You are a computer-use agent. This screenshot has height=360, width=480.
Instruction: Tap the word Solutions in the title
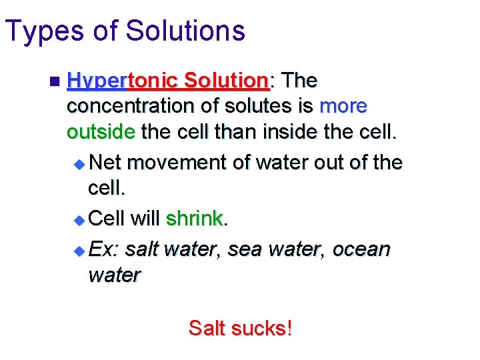[x=185, y=31]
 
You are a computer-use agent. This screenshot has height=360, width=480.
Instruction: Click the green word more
[x=343, y=106]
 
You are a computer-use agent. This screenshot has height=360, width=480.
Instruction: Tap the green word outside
[x=101, y=131]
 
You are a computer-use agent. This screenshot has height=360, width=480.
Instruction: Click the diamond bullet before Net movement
[x=79, y=163]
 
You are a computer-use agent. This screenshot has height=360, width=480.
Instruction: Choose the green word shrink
[x=194, y=218]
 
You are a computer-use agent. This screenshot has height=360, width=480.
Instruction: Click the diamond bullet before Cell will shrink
[x=79, y=219]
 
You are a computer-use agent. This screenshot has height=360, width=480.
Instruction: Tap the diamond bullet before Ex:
[x=79, y=251]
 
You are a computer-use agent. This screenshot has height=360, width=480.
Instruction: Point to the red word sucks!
[x=263, y=328]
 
